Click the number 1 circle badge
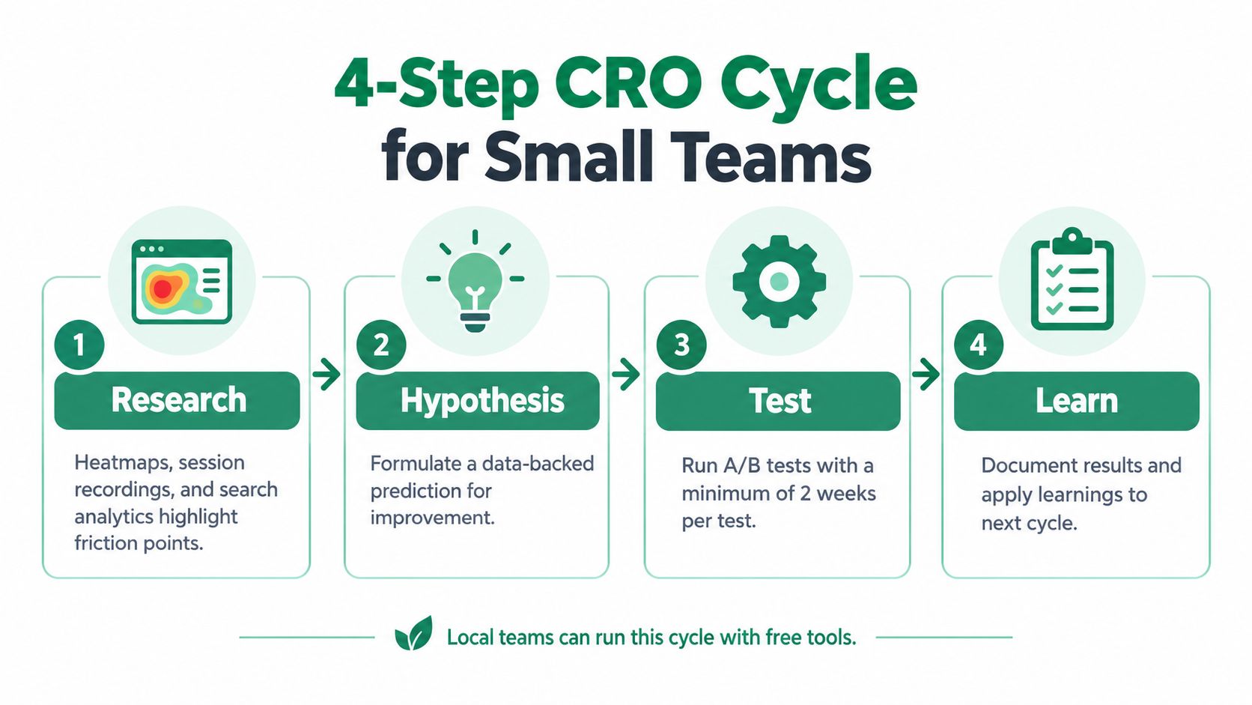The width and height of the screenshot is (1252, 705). (79, 345)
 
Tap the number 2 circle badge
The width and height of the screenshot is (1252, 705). (381, 345)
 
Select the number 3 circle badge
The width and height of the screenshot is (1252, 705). (681, 345)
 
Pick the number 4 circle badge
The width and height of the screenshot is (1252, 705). (979, 345)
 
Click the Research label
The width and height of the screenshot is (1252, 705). (177, 400)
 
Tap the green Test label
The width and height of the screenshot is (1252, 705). (778, 401)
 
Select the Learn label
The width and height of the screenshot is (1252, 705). (1077, 401)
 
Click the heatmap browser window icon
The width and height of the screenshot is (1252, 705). (182, 282)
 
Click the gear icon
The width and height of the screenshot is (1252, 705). (780, 281)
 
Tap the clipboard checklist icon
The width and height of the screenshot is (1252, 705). (1072, 279)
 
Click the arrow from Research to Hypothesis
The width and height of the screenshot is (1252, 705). (326, 373)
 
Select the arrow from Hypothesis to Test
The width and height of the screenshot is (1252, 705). (626, 373)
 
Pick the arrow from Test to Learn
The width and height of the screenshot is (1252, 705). (926, 373)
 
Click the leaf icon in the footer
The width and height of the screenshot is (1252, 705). (414, 633)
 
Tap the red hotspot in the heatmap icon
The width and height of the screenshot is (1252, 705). (162, 288)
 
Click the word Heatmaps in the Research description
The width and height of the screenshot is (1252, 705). (119, 462)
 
